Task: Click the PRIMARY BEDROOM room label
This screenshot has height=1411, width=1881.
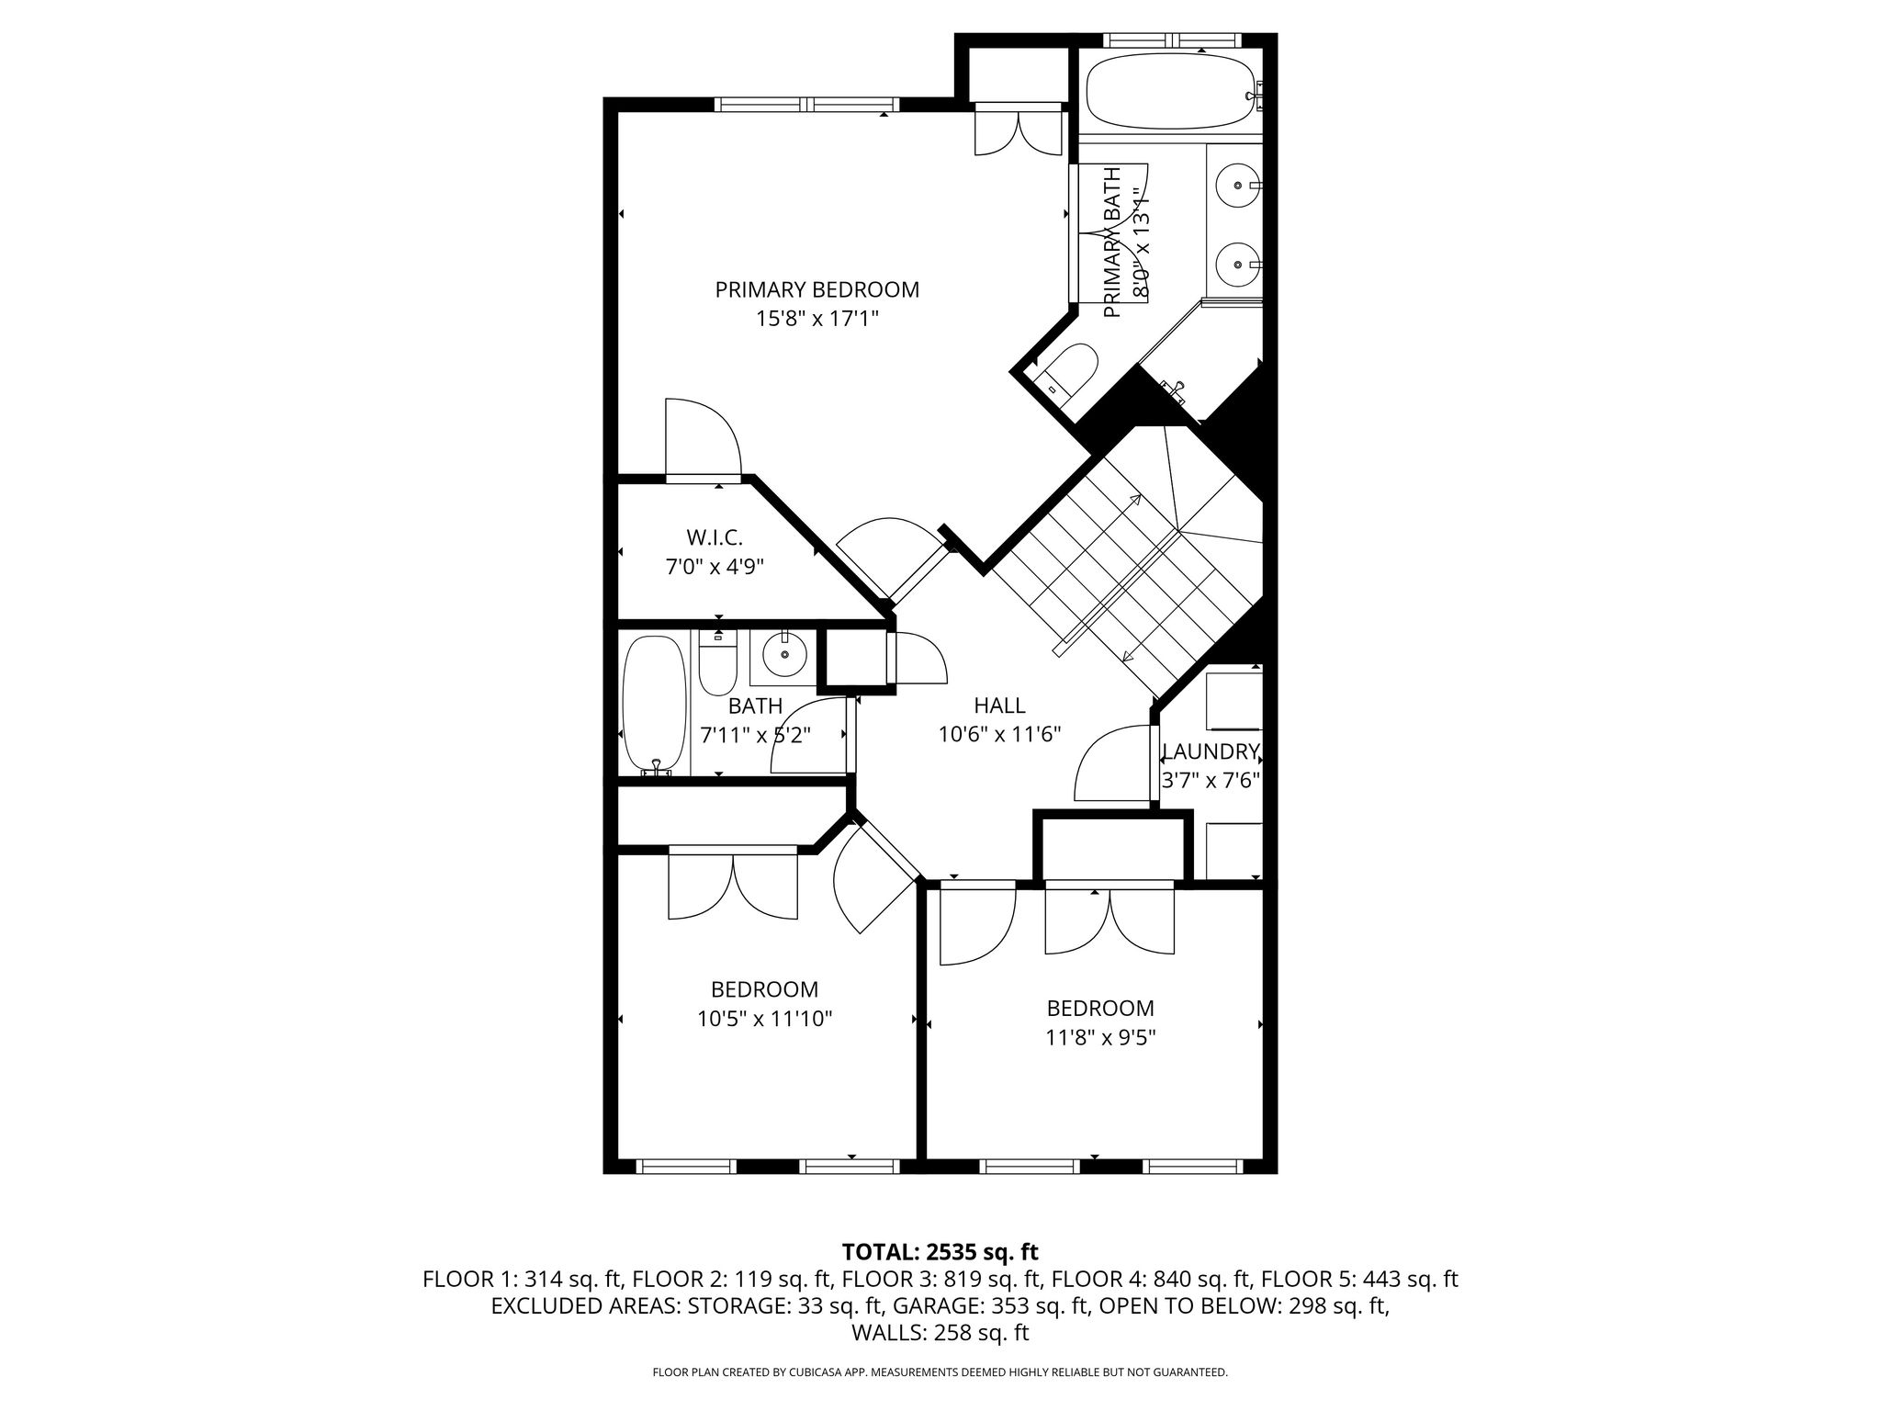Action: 817,290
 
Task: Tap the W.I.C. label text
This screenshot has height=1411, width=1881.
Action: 715,537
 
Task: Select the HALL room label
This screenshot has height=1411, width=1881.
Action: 999,705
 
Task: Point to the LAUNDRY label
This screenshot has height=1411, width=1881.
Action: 1210,751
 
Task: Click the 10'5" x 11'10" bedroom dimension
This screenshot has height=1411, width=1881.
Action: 764,1019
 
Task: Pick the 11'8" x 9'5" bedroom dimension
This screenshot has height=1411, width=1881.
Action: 1100,1037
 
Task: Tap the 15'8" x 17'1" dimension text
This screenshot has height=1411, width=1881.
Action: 817,319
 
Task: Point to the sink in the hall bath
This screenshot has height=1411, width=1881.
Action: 784,655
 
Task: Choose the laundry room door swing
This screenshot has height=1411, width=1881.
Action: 1112,762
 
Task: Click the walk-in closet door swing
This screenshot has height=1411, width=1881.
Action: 703,436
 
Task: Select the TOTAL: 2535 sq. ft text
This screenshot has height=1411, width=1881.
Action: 940,1251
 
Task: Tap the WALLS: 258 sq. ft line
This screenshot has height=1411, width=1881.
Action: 940,1333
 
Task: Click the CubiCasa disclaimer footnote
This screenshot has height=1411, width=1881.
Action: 940,1372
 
